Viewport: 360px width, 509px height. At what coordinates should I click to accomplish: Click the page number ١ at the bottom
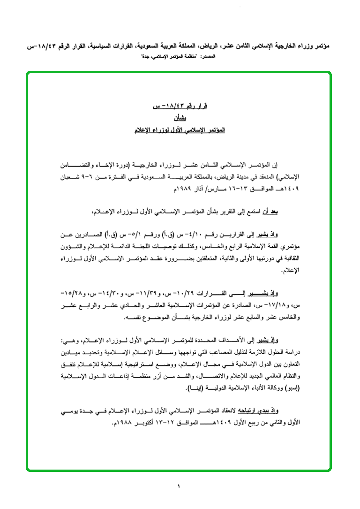(x=179, y=486)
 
